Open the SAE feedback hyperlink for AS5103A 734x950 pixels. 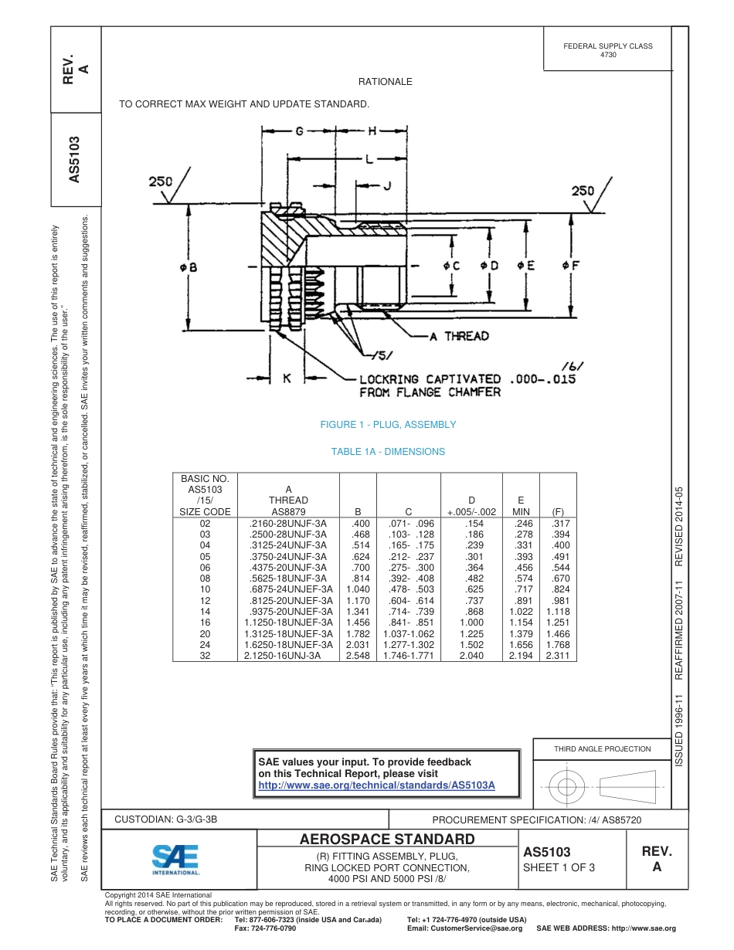(x=376, y=785)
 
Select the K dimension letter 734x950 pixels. (x=286, y=378)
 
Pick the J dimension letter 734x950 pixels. (x=387, y=185)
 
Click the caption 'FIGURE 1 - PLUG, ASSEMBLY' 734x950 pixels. (x=388, y=425)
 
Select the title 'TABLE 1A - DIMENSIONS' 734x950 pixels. (x=388, y=452)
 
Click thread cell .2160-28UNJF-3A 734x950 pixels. (x=288, y=523)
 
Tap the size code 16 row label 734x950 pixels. (x=205, y=622)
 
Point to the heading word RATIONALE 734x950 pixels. (x=385, y=82)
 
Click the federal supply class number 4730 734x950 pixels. (x=608, y=55)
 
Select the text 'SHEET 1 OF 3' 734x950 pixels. (x=559, y=867)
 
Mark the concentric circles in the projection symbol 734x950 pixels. (x=567, y=787)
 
